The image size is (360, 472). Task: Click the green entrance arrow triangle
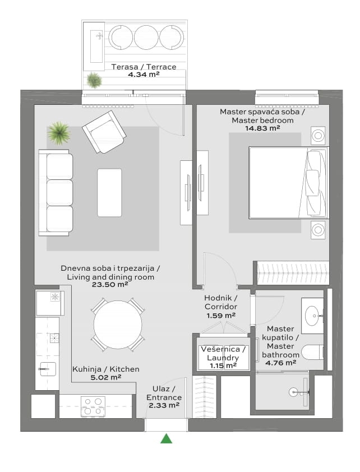coord(166,438)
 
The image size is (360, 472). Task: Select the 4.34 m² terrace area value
coord(144,75)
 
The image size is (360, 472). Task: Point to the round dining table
coord(118,325)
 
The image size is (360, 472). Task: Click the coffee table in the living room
coord(109,193)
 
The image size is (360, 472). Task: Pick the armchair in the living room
coord(104,132)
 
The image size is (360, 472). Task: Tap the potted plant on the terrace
coord(94,80)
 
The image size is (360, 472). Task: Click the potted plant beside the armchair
coord(59,133)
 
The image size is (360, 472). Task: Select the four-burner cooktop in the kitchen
coord(93,406)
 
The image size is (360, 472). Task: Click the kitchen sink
coord(48,369)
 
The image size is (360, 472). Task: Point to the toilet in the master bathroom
coord(312,352)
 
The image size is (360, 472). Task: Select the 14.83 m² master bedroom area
coord(262,128)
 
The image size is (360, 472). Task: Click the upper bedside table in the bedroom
coord(318,136)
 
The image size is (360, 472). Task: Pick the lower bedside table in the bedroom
coord(318,230)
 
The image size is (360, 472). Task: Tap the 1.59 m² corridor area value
coord(220,316)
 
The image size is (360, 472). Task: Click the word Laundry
coord(223,358)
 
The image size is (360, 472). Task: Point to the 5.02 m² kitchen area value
coord(105,377)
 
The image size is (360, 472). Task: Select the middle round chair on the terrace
coord(146,38)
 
